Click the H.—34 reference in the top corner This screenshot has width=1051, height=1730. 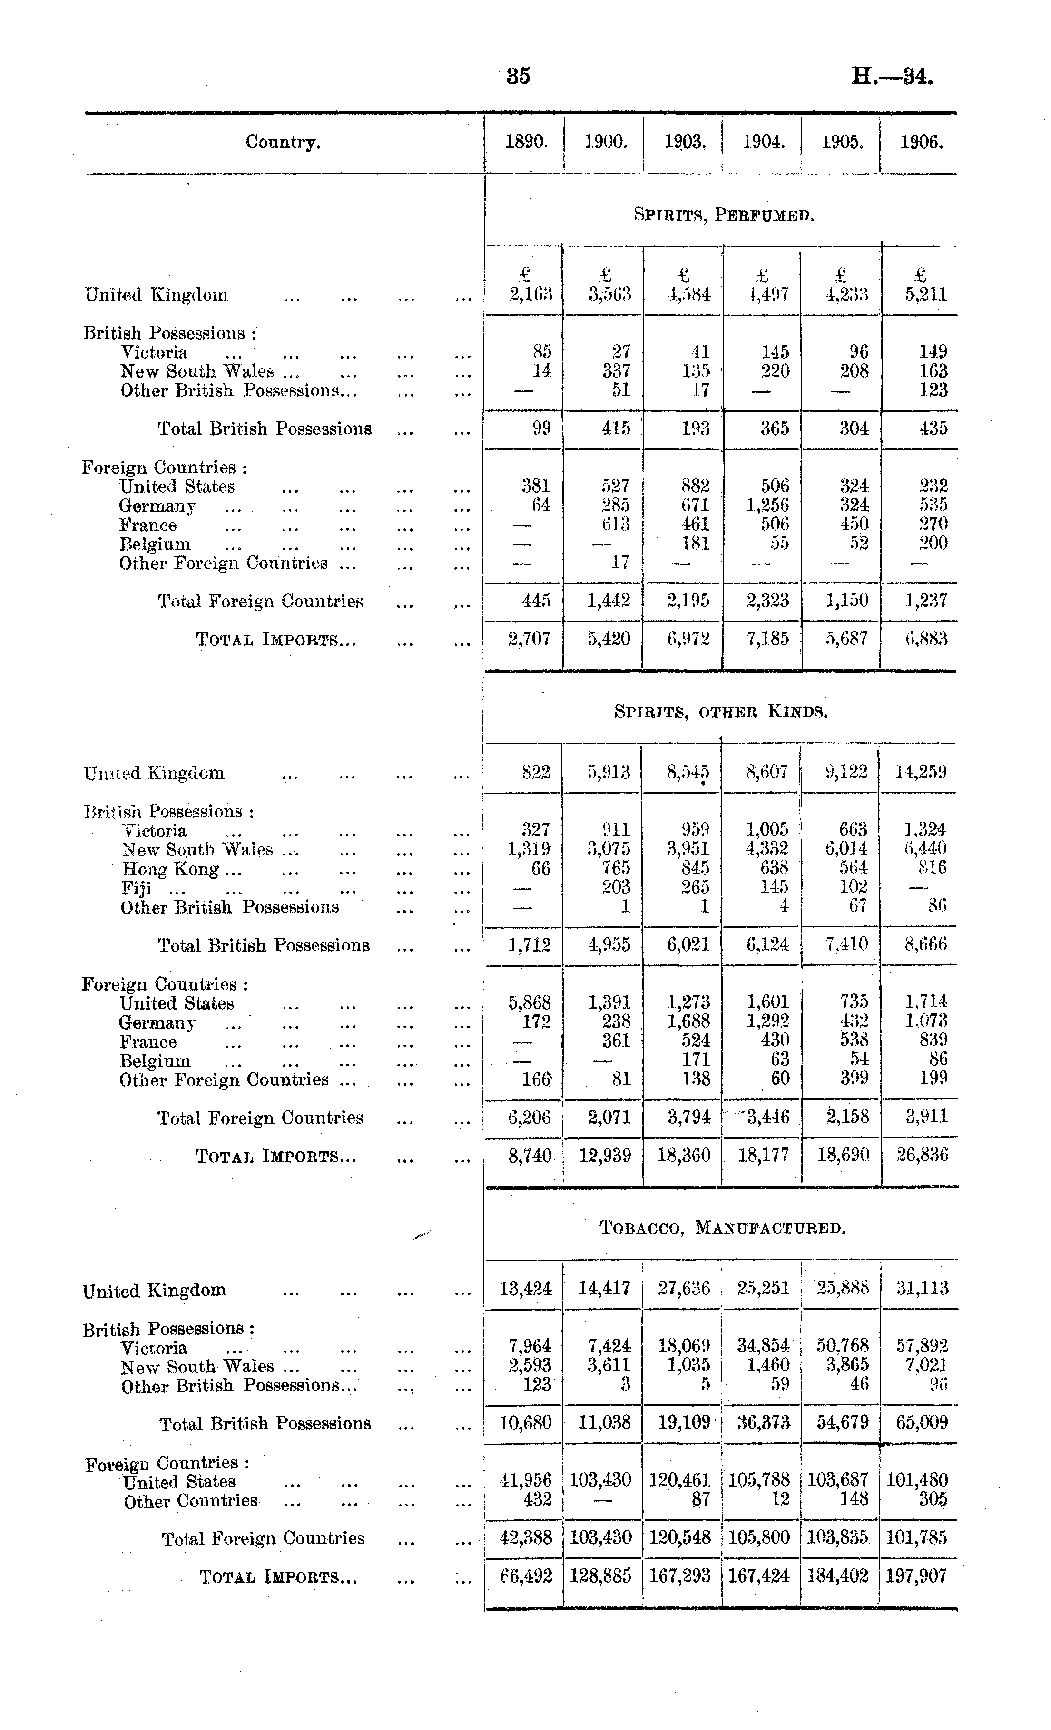[x=892, y=75]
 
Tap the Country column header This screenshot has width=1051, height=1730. [x=283, y=143]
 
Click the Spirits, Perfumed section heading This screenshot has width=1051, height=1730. [x=724, y=215]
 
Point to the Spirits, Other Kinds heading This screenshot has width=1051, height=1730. [x=721, y=712]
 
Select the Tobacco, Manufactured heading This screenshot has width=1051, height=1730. [x=722, y=1228]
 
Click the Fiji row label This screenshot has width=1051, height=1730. [x=136, y=888]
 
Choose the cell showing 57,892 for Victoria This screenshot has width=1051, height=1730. [x=922, y=1346]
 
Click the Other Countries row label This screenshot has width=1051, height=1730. [x=190, y=1500]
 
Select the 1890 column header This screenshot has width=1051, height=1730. [x=527, y=143]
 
